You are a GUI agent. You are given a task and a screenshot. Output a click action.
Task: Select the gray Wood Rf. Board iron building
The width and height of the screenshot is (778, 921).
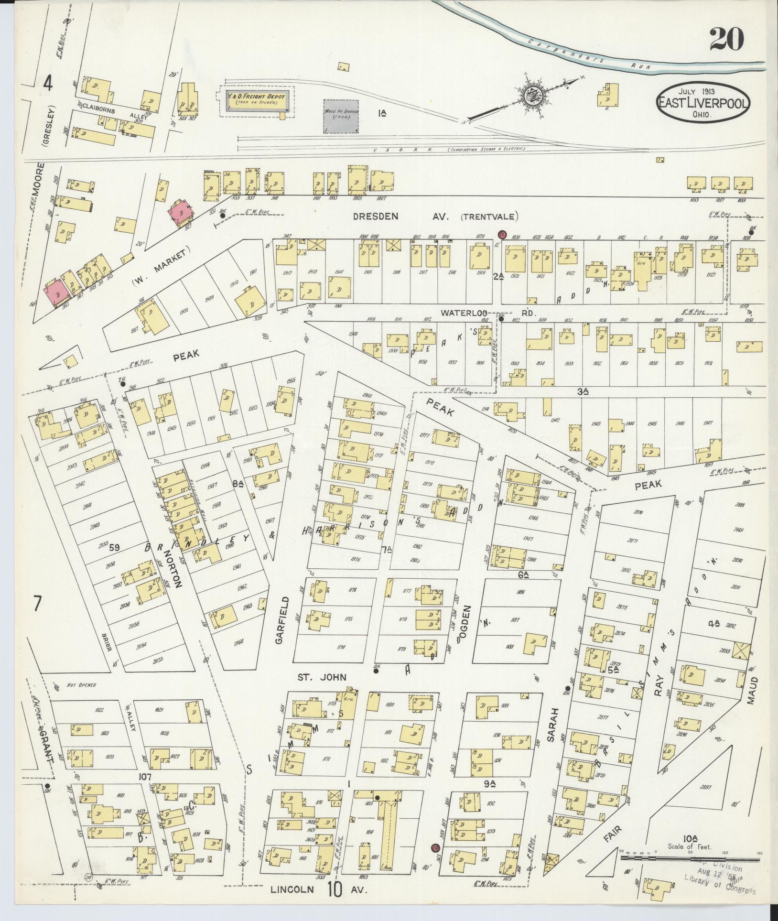click(341, 116)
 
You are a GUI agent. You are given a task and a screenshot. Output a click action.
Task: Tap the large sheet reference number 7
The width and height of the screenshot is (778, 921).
click(37, 604)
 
